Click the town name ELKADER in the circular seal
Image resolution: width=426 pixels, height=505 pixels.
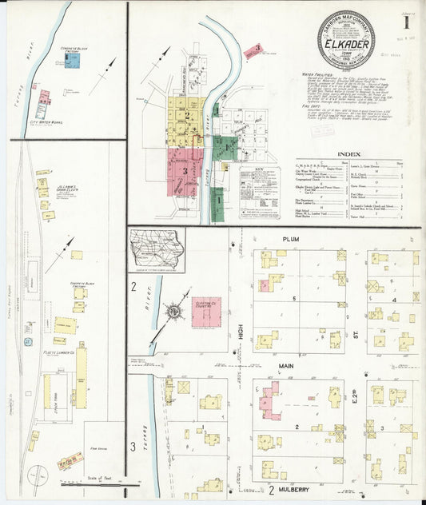tap(346, 45)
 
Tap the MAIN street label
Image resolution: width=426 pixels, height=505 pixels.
tap(286, 366)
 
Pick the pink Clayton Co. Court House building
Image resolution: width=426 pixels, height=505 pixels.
tap(205, 311)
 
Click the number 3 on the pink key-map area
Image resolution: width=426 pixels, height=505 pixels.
tap(185, 170)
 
